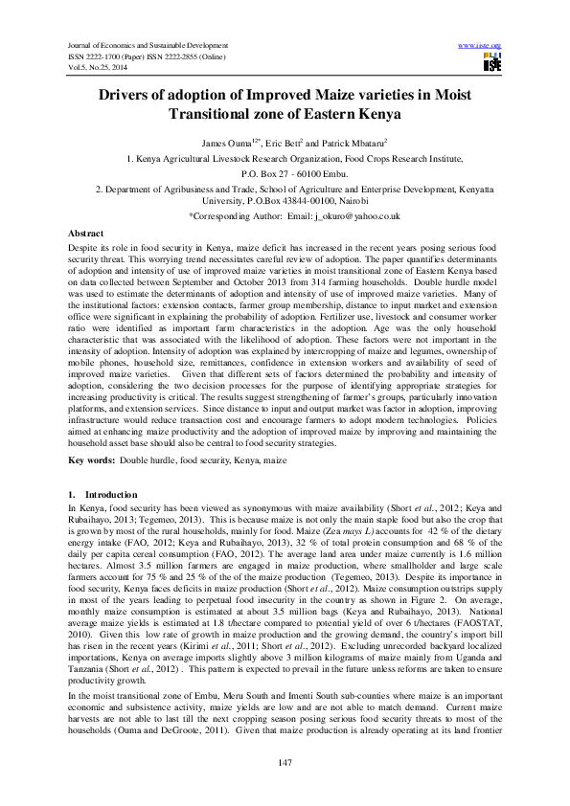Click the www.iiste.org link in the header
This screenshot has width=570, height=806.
tap(481, 45)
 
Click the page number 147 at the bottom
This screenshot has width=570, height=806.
tap(285, 761)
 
